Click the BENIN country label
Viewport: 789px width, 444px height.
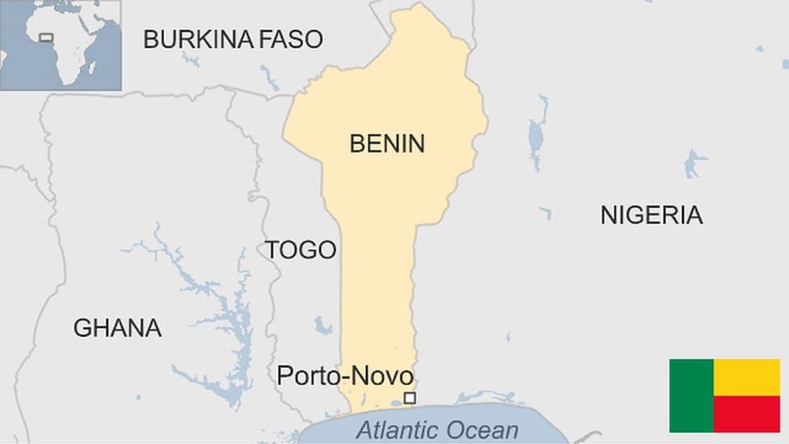coord(386,144)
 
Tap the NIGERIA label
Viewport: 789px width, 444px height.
coord(651,214)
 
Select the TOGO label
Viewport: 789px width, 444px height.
coord(301,250)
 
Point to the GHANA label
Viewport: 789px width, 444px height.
coord(117,328)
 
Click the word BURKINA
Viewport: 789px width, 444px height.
coord(199,39)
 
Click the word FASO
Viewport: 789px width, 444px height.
coord(290,39)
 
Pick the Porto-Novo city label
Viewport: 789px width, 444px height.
coord(344,375)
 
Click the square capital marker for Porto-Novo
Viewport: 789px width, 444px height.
coord(410,398)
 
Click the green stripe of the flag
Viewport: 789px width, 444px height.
coord(691,395)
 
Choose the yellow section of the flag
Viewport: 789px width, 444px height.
coord(747,377)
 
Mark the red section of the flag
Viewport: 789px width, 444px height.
coord(747,414)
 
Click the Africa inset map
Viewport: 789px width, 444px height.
coord(61,44)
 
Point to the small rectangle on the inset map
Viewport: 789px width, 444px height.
coord(46,37)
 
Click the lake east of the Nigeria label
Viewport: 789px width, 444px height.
coord(694,164)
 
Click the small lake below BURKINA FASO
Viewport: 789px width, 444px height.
coord(191,59)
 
